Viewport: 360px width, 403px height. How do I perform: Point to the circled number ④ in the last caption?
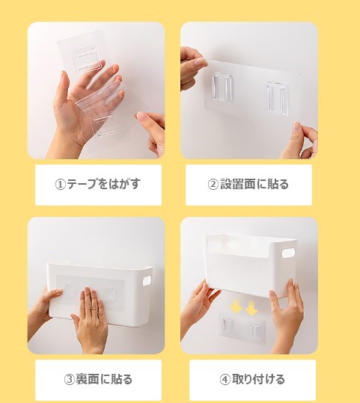pos(225,379)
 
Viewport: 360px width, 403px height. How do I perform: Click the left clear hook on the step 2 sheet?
pos(222,87)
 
